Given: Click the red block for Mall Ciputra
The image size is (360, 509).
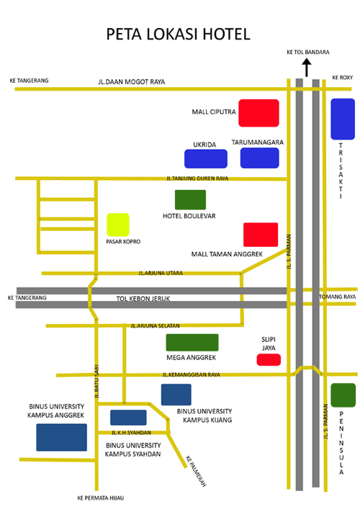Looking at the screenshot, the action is tap(258, 113).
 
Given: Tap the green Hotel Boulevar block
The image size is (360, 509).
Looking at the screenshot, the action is tap(190, 199).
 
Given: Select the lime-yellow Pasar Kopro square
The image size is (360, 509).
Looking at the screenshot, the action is tap(118, 225).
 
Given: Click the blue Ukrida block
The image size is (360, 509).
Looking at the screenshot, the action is tap(206, 158).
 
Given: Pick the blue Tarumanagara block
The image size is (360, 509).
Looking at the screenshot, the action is tap(260, 158).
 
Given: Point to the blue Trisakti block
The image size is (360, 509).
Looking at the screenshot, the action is tap(343, 119).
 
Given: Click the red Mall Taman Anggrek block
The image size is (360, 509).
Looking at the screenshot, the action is tap(261, 235).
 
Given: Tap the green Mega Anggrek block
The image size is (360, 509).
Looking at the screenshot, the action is tap(192, 343).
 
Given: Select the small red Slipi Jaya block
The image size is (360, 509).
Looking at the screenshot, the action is tap(269, 360).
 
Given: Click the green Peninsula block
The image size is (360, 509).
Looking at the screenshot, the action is tap(343, 395).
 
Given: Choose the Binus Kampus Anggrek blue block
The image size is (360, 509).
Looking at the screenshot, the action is tap(62, 437).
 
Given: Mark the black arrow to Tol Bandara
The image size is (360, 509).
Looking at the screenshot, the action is tap(307, 68).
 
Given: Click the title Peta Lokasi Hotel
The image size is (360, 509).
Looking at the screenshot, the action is tap(179, 34).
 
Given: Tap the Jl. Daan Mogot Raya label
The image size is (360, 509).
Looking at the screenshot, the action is tap(132, 82).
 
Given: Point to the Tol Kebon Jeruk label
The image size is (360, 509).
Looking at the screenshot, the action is tap(143, 299).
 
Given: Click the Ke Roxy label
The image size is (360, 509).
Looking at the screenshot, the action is tap(343, 78).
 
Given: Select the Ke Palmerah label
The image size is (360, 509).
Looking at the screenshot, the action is tap(196, 472).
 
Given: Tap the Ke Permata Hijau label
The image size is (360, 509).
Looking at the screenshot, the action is tap(101, 498).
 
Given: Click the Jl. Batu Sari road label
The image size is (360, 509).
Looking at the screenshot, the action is tap(96, 382).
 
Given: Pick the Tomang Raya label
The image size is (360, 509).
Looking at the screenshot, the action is tap(338, 297).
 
